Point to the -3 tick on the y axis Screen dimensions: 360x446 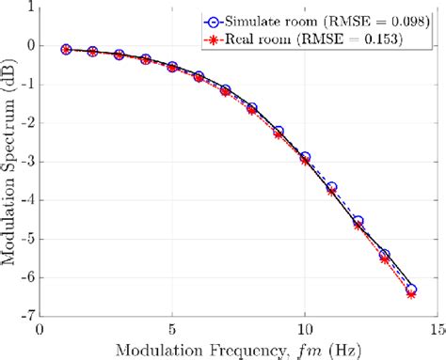pos(26,162)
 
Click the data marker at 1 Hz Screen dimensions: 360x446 pos(66,49)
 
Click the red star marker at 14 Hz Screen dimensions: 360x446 pos(410,294)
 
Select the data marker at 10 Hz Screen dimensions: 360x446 pos(305,158)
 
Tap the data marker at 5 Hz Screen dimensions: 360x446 pos(172,67)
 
